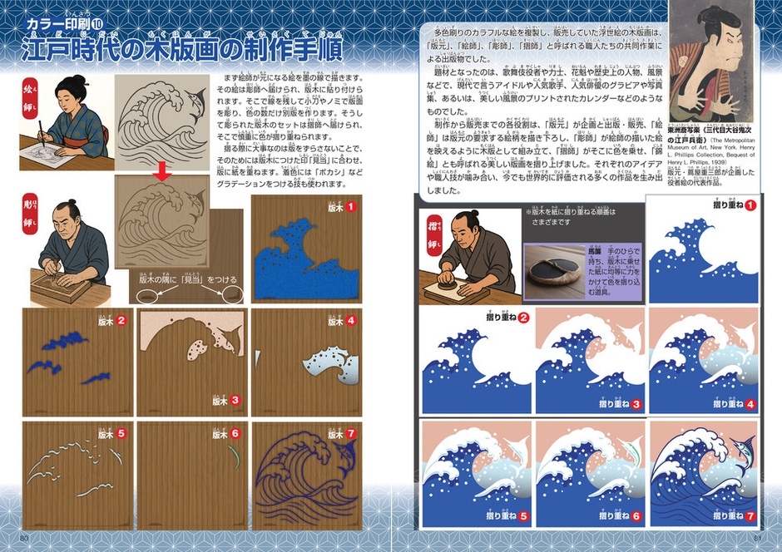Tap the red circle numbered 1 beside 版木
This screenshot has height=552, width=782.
click(353, 207)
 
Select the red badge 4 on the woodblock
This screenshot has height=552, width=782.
click(353, 319)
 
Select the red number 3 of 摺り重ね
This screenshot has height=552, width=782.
click(636, 404)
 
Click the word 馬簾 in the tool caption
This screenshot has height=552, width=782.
click(596, 249)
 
